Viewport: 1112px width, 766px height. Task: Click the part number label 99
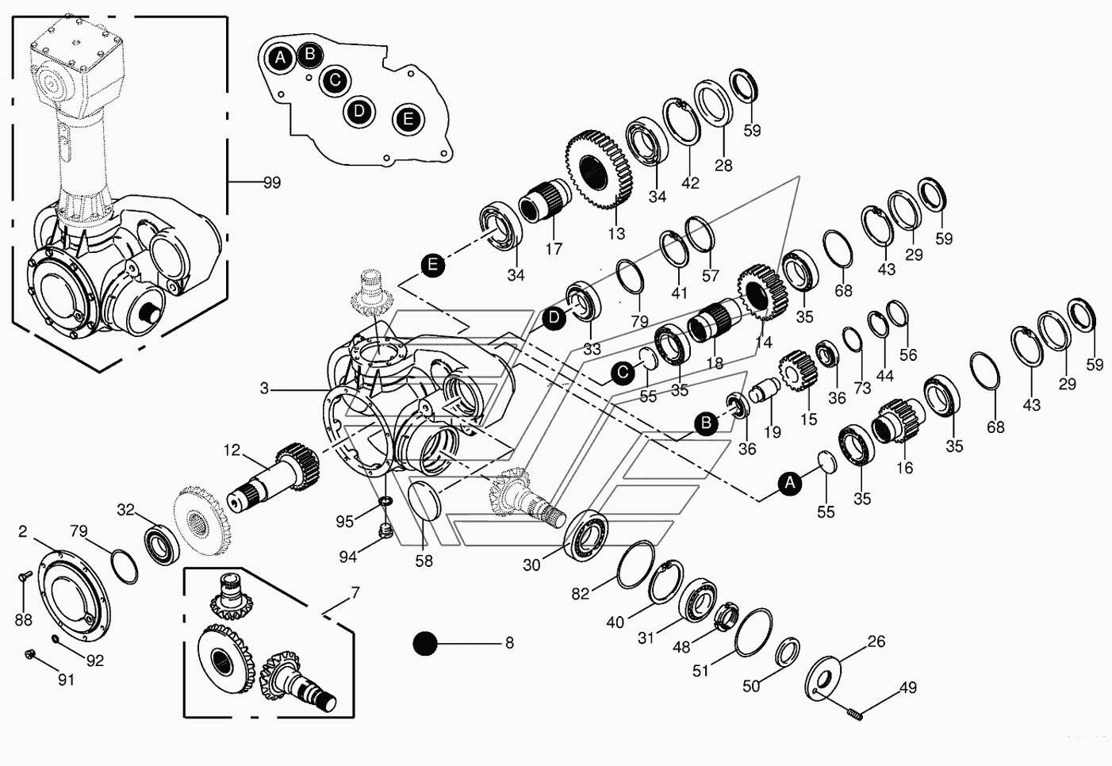click(272, 182)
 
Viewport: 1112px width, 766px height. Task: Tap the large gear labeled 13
click(599, 169)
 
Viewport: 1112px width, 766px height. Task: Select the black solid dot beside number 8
click(425, 643)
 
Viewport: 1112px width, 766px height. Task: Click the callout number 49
click(907, 687)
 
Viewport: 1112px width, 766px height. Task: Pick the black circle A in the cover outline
click(281, 58)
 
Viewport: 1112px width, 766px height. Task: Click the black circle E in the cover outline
click(408, 119)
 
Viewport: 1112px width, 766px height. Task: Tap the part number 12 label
click(232, 450)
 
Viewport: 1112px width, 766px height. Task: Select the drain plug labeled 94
click(386, 532)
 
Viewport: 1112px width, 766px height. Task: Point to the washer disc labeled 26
click(823, 679)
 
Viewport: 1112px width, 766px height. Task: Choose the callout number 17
click(554, 248)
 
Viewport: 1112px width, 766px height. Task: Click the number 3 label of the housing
click(264, 389)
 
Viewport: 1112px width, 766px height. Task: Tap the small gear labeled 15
click(797, 370)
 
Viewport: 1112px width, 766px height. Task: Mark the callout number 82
click(580, 594)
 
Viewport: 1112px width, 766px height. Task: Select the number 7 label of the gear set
click(355, 593)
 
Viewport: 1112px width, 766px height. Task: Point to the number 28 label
click(723, 165)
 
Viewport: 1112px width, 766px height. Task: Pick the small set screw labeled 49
click(854, 714)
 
